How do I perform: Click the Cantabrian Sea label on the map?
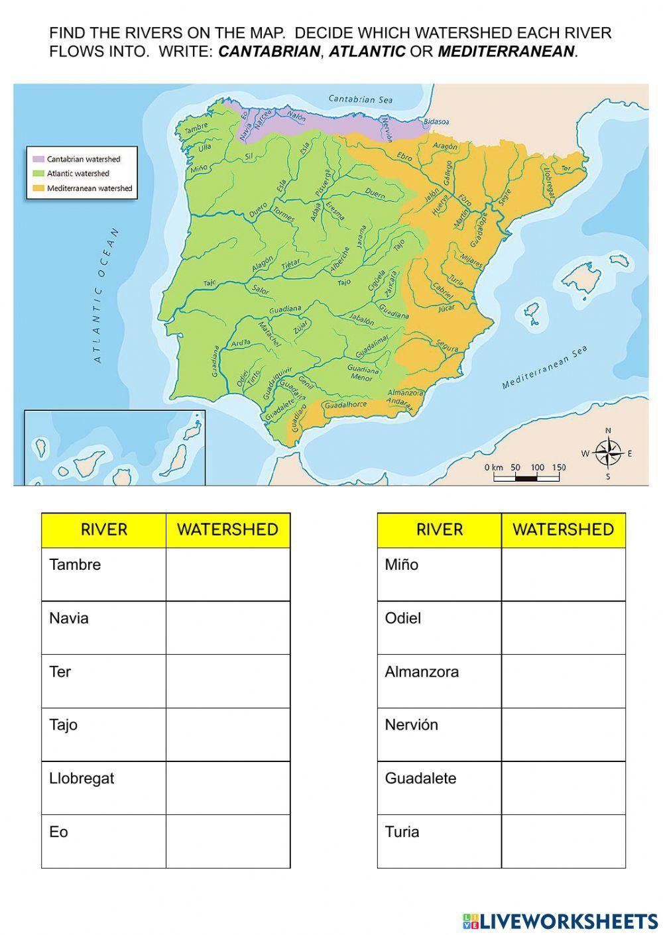(361, 99)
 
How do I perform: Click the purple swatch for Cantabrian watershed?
(38, 159)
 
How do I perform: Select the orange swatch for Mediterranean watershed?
(38, 188)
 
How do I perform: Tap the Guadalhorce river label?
(345, 404)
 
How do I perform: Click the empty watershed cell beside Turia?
(564, 841)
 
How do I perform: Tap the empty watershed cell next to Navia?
(227, 628)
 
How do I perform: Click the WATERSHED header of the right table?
(564, 529)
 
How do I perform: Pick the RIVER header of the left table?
(103, 529)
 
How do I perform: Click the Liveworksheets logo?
(560, 920)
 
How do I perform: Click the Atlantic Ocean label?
(106, 296)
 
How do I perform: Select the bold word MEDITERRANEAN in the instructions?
(506, 52)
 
